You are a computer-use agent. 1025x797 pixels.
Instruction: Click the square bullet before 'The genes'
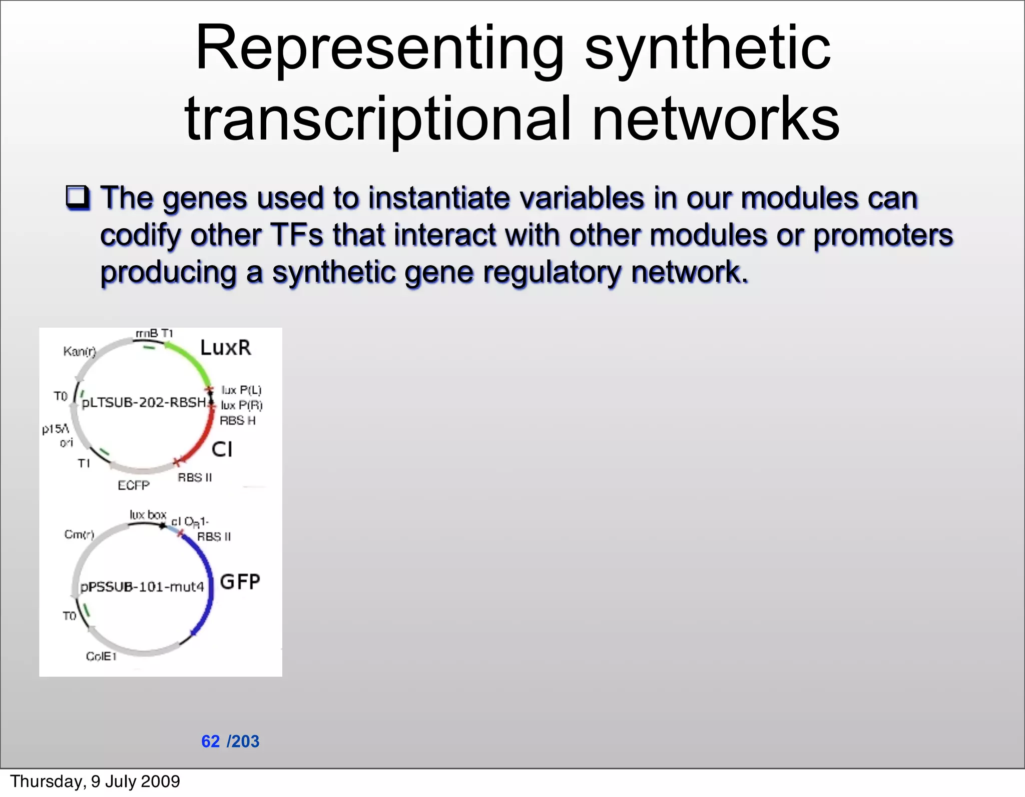coord(78,198)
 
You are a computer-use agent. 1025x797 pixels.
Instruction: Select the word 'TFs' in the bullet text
coord(297,235)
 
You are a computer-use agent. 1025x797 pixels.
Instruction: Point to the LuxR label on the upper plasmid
coord(225,348)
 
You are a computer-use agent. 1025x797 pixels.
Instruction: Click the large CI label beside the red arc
coord(222,449)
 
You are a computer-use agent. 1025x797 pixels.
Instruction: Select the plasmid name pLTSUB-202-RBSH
coord(144,403)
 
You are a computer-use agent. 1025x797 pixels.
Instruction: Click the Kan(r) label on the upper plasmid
coord(79,351)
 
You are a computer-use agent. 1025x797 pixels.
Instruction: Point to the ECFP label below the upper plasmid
coord(133,485)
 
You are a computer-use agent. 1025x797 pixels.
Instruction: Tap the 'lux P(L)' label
coord(241,390)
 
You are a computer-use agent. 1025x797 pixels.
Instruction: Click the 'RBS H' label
coord(237,421)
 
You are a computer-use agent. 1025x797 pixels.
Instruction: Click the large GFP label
coord(240,582)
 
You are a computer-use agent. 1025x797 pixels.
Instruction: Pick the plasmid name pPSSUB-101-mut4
coord(143,586)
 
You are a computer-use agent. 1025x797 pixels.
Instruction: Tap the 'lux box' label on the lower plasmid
coord(148,515)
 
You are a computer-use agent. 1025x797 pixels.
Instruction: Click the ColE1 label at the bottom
coord(101,656)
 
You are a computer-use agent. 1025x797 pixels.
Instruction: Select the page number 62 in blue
coord(210,741)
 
